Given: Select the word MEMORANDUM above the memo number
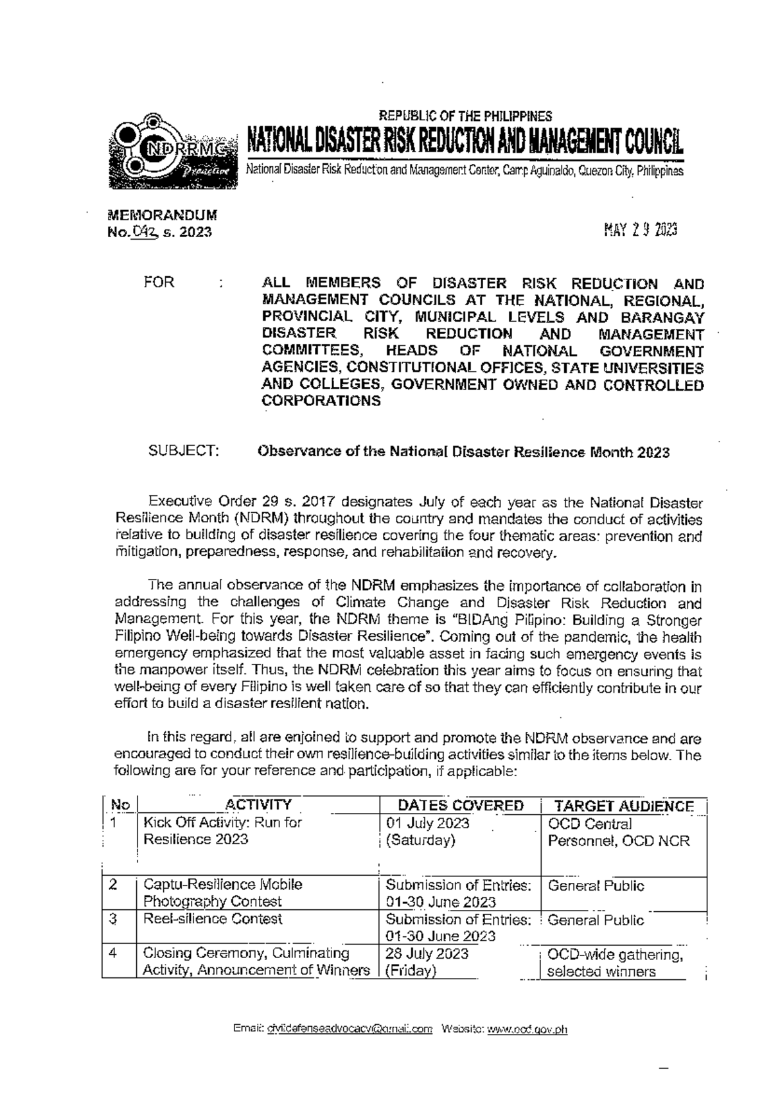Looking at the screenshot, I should (x=162, y=215).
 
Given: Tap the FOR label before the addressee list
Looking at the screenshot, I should (x=159, y=283).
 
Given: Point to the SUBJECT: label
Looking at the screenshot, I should (x=184, y=451).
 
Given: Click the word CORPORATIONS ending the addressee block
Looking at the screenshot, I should (x=321, y=401).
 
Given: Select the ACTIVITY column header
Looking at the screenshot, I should (x=258, y=805).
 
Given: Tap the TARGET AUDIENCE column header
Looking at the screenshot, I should (x=623, y=806).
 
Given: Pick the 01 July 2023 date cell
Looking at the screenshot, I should (x=427, y=823).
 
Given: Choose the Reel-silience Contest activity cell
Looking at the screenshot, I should (x=213, y=919).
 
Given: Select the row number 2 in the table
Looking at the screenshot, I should (x=113, y=884).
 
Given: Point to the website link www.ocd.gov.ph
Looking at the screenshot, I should (x=527, y=1029).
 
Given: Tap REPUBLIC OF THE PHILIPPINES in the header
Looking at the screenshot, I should (x=465, y=116).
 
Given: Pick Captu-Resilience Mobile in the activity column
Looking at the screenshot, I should (x=222, y=884).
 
